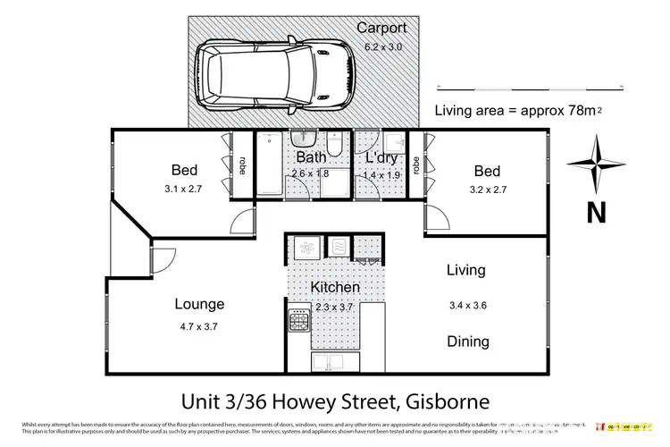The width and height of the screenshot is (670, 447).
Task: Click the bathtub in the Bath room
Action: click(x=269, y=166)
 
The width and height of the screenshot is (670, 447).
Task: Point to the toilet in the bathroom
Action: click(x=332, y=146)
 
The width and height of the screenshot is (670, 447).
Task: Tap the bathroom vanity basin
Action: click(x=304, y=140)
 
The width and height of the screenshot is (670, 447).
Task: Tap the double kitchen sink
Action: click(x=333, y=361)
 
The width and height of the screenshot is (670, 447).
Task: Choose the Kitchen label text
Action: click(x=335, y=288)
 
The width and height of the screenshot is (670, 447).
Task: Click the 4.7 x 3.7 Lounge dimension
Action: click(x=199, y=326)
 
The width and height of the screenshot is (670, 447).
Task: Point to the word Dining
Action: click(x=467, y=341)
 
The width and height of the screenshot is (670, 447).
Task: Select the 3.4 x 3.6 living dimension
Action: click(x=467, y=306)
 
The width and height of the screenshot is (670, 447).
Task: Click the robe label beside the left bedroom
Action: click(x=241, y=166)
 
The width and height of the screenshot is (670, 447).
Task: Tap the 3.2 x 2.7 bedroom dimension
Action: click(x=486, y=190)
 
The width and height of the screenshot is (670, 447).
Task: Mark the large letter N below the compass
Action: click(x=595, y=213)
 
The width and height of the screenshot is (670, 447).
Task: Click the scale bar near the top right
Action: click(x=531, y=87)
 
